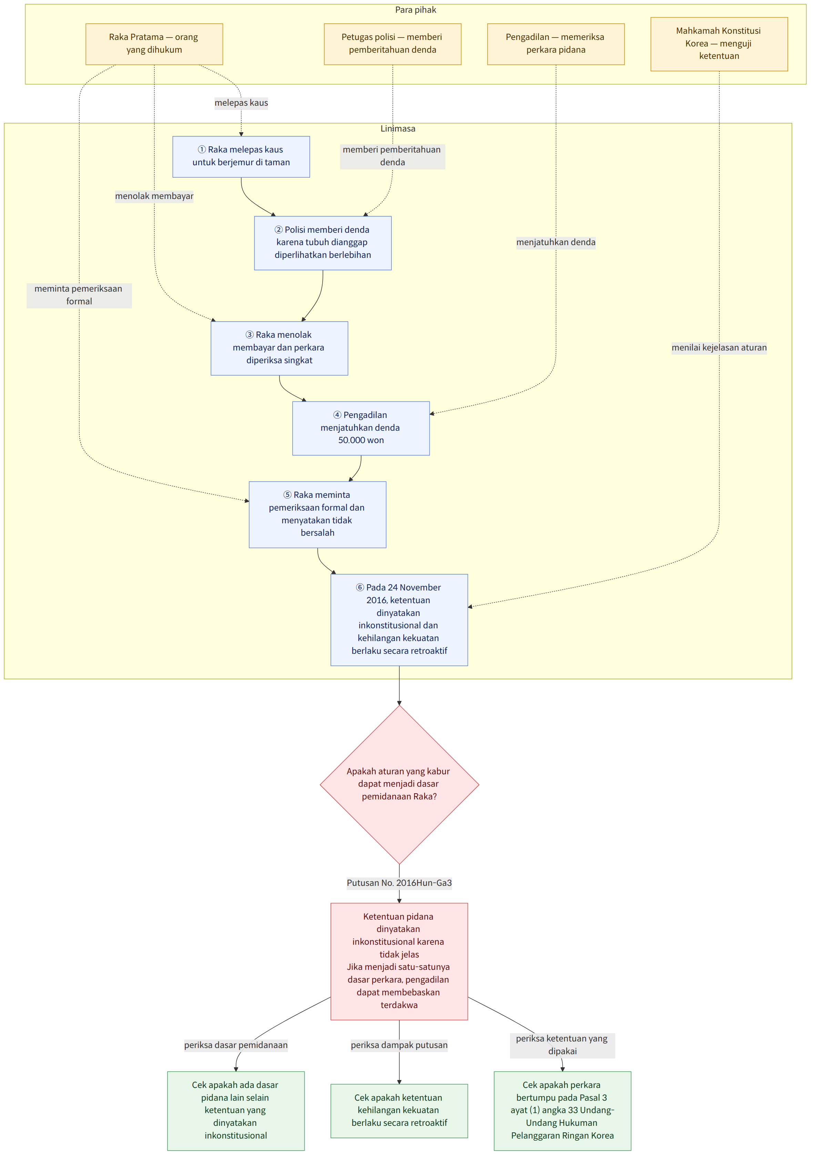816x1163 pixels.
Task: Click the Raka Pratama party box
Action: (x=154, y=44)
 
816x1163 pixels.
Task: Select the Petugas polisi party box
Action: (x=392, y=44)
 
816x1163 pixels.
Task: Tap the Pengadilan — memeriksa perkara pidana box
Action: (x=555, y=44)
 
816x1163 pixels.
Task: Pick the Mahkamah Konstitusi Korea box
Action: (x=719, y=44)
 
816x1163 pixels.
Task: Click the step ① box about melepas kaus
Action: (x=241, y=157)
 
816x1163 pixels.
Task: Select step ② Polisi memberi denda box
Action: (x=323, y=243)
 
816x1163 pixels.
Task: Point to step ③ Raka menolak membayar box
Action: (x=279, y=348)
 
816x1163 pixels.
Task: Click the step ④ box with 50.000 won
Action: (x=361, y=428)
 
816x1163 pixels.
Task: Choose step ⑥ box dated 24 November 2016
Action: (x=399, y=619)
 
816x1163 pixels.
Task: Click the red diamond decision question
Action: (x=399, y=785)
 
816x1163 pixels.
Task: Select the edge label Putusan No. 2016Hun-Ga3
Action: (x=399, y=883)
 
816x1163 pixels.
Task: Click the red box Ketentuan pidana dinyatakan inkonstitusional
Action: (x=399, y=961)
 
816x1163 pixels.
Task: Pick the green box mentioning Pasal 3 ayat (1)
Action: (x=562, y=1111)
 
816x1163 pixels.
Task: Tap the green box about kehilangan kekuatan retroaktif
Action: (x=399, y=1111)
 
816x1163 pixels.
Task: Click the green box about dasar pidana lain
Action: (x=236, y=1111)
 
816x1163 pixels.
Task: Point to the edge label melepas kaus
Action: (x=241, y=103)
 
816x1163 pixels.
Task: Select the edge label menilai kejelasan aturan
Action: (x=719, y=347)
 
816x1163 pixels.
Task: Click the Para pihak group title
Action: (x=416, y=10)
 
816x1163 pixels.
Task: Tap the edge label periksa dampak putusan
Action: (x=399, y=1045)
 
